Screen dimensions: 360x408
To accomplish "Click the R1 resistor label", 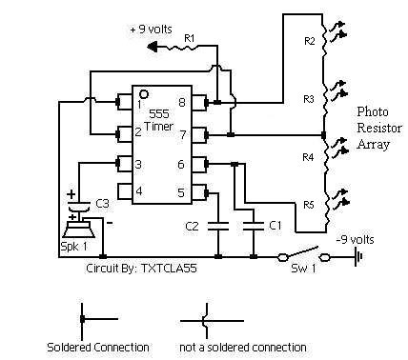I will point(189,37).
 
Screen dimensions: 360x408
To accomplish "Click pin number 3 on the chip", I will point(138,164).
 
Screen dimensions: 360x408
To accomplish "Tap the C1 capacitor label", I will point(274,225).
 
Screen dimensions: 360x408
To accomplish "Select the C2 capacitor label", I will point(193,226).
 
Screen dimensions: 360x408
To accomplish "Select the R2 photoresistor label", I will point(307,40).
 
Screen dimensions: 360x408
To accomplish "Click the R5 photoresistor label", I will point(307,205).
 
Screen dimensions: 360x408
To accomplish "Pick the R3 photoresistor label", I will point(307,98).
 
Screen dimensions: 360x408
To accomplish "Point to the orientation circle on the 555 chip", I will point(144,93).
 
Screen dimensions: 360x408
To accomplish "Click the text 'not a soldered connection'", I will point(243,346).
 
